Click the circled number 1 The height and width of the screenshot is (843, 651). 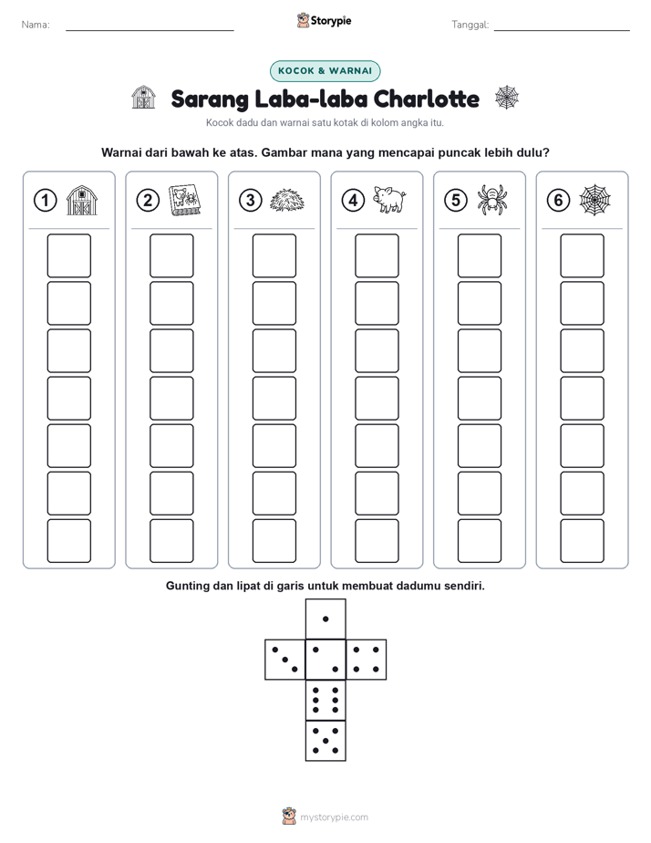tap(45, 201)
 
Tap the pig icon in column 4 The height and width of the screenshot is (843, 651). tap(390, 200)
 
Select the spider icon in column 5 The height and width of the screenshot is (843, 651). tap(492, 200)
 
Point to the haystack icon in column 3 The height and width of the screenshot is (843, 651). tap(287, 201)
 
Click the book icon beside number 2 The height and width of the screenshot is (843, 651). tap(185, 201)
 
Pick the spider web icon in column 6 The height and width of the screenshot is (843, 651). tap(595, 201)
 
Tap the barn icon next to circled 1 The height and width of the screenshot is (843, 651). tap(82, 201)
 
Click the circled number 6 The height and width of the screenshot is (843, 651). tap(559, 201)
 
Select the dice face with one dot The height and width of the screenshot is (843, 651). tap(325, 619)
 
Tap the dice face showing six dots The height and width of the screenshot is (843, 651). tap(325, 700)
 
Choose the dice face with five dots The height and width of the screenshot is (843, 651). tap(325, 741)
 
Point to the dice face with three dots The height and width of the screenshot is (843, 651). tap(285, 660)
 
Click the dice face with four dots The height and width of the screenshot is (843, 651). tap(367, 660)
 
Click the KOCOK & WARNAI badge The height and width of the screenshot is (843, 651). tap(325, 71)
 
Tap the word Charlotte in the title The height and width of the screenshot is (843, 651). tap(426, 99)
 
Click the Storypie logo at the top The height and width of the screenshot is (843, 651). tap(324, 20)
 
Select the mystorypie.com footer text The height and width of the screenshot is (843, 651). tap(334, 817)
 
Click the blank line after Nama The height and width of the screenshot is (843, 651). tap(150, 30)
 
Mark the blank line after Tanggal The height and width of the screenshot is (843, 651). tap(562, 30)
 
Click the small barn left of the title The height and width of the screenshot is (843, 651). tap(143, 98)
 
